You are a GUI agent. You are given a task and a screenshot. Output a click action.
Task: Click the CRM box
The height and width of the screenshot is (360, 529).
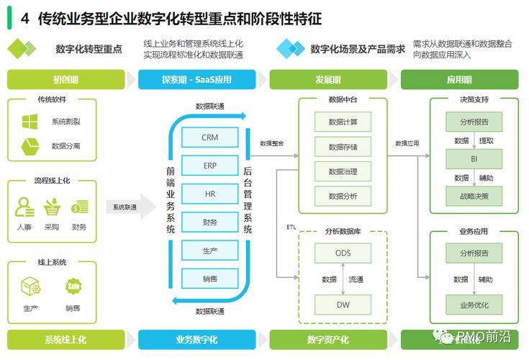point(209,138)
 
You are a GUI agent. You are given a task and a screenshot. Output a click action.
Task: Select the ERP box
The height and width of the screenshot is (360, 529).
point(209,166)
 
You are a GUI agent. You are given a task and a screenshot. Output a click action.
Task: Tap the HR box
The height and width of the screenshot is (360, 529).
point(209,194)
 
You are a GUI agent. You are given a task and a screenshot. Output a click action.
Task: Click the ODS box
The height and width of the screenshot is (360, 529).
point(343,253)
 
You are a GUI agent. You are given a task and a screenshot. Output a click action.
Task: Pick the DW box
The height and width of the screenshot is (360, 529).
point(343,305)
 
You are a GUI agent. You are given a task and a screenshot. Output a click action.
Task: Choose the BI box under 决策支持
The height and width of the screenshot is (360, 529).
point(474,158)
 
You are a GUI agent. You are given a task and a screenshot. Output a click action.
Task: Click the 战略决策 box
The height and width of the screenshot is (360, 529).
point(474,195)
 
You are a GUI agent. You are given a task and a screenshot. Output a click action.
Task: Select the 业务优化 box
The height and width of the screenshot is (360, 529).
point(474,305)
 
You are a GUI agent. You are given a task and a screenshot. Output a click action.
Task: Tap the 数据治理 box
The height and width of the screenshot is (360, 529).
point(343,171)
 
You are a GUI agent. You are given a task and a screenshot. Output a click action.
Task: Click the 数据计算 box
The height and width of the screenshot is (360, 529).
point(343,122)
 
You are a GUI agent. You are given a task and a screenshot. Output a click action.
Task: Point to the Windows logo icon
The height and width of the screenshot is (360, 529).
point(30,122)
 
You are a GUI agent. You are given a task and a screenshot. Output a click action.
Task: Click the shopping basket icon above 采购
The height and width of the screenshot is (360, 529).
point(51,207)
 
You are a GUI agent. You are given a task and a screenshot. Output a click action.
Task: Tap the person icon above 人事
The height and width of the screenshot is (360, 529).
point(24,207)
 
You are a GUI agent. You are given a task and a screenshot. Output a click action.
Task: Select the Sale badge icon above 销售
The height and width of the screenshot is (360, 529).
point(73,286)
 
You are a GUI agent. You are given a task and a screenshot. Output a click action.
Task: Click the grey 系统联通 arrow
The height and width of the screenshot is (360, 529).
point(130,207)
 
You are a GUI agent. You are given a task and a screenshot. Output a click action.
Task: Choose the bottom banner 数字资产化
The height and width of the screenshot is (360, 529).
point(327,340)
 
